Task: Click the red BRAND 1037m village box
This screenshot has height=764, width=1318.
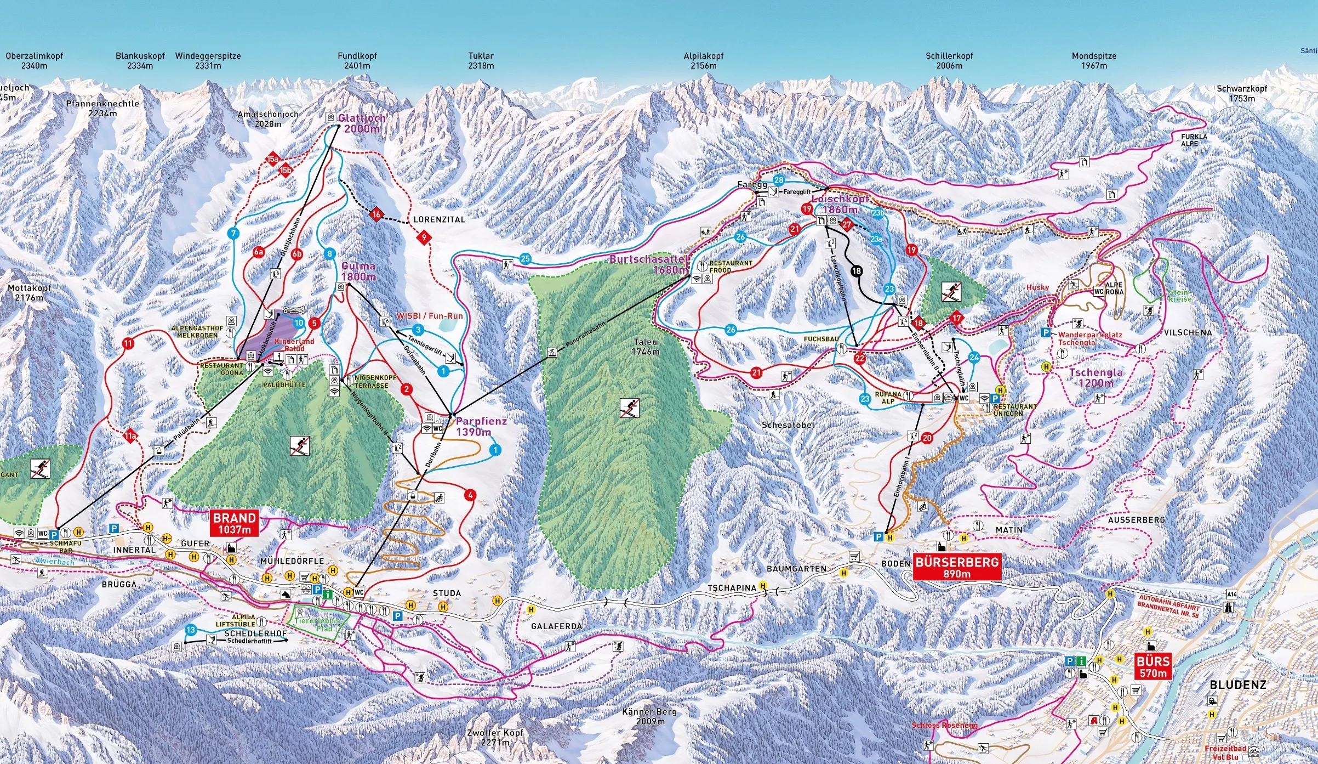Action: click(235, 523)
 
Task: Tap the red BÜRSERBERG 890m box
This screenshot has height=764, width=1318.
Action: click(957, 567)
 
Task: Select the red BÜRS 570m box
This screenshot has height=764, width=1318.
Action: click(1153, 666)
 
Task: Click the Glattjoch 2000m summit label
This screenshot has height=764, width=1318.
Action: click(362, 123)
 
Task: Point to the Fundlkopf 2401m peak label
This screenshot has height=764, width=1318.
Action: click(357, 60)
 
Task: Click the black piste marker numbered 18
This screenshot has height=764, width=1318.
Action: click(856, 270)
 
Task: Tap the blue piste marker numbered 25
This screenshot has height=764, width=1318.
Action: click(526, 259)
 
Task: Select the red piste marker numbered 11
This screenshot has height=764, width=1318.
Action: click(128, 344)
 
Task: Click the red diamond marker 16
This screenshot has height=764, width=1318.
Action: click(376, 214)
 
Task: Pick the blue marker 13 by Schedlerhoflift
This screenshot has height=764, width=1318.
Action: click(191, 630)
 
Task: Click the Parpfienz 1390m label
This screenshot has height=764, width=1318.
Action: click(481, 426)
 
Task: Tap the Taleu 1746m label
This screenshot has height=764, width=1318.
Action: click(646, 346)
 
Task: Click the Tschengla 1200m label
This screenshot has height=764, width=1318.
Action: click(1096, 377)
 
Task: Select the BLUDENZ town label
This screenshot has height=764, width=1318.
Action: click(1238, 684)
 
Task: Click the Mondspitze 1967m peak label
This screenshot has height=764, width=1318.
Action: click(1094, 60)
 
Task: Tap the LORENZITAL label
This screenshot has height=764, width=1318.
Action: click(439, 219)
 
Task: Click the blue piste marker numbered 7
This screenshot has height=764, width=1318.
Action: click(233, 233)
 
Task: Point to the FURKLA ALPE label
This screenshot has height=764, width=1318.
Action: click(1194, 140)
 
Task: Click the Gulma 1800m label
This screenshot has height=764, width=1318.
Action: click(358, 271)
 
